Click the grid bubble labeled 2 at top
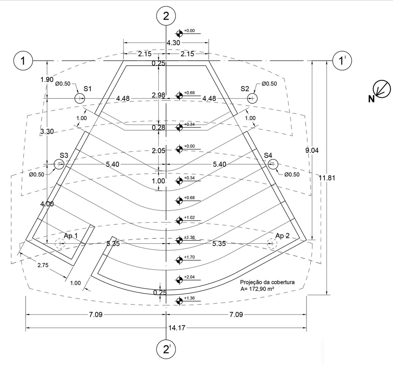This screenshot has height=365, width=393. tap(166, 16)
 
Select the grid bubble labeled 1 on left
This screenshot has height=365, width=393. tap(23, 61)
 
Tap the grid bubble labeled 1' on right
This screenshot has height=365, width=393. tap(342, 61)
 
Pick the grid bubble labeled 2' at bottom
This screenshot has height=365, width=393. tap(166, 349)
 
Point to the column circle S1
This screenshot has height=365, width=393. tap(80, 99)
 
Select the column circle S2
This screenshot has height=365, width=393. tap(253, 98)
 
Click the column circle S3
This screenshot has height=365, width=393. tap(59, 164)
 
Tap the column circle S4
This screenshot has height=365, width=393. tap(273, 164)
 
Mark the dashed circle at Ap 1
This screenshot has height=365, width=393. tap(60, 243)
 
